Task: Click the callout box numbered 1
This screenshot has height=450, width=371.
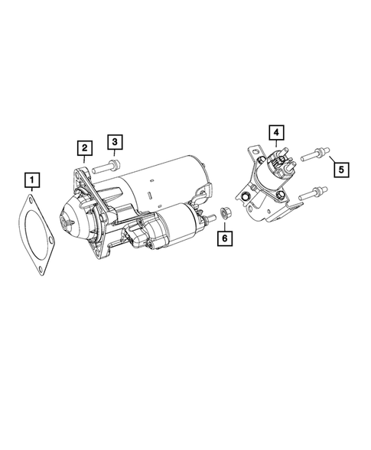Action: click(x=31, y=180)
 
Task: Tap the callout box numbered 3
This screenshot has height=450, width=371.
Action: click(x=114, y=141)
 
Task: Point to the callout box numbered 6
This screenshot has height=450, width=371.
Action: click(x=225, y=238)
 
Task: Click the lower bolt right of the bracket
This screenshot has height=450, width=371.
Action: click(x=311, y=193)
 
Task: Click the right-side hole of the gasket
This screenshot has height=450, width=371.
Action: click(x=51, y=245)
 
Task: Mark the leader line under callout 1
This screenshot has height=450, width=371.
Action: click(x=31, y=193)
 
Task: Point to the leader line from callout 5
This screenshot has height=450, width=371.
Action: click(x=331, y=160)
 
